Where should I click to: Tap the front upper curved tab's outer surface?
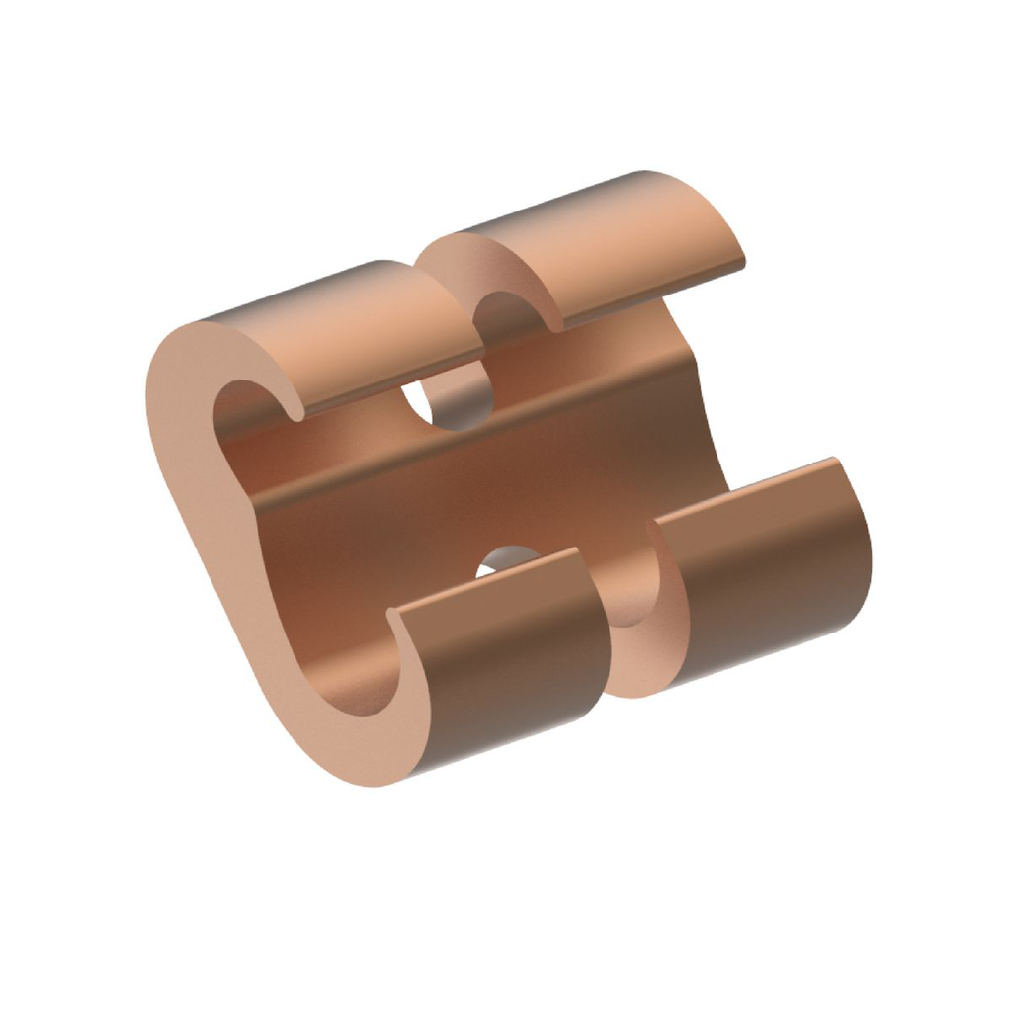[366, 336]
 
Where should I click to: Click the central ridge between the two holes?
[474, 474]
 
